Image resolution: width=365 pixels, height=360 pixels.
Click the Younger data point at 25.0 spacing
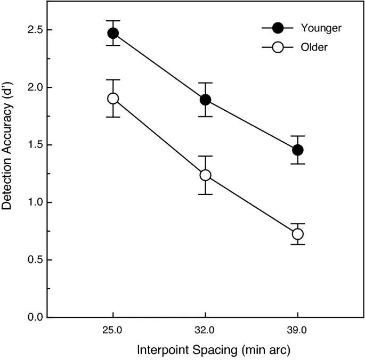(113, 33)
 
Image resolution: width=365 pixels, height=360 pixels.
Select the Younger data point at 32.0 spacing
(205, 100)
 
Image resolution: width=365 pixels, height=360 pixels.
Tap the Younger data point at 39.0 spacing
(297, 150)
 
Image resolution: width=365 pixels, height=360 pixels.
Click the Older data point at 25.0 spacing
(113, 99)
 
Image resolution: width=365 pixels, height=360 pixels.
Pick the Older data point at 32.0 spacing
(205, 175)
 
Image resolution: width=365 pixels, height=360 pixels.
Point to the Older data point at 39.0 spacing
(297, 234)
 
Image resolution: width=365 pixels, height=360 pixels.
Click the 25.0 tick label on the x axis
(113, 330)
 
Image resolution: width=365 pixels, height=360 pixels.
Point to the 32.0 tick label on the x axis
(205, 330)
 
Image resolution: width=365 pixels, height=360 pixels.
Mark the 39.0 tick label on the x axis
(297, 330)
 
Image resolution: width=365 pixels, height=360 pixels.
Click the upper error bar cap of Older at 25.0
(113, 80)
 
